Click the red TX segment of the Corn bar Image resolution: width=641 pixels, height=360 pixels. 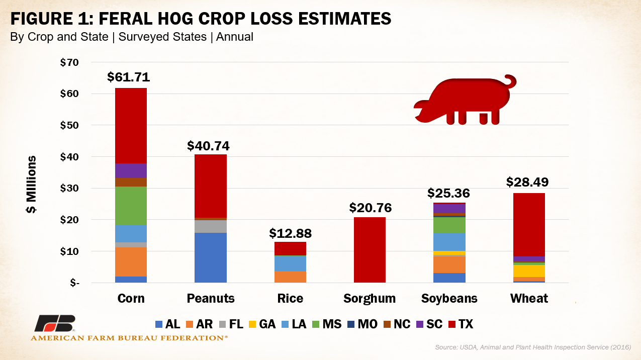click(x=131, y=126)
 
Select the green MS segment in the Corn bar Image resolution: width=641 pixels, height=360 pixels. click(x=131, y=206)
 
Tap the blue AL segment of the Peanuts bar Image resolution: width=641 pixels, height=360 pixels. click(x=210, y=257)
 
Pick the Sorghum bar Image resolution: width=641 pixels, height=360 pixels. click(x=370, y=250)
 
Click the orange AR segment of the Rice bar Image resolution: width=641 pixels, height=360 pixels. click(x=290, y=277)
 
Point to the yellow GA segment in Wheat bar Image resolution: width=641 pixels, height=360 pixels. click(x=529, y=271)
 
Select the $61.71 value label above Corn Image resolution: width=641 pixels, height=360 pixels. click(x=129, y=77)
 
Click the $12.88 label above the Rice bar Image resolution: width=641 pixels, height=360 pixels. click(x=290, y=233)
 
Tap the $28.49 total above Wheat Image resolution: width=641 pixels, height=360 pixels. click(x=527, y=182)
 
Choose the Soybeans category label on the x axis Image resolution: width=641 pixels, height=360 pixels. click(x=449, y=298)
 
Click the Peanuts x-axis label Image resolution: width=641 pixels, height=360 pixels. click(x=211, y=298)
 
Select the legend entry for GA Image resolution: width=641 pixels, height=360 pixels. click(x=261, y=324)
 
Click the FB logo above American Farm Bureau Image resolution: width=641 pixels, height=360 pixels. click(x=54, y=324)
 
